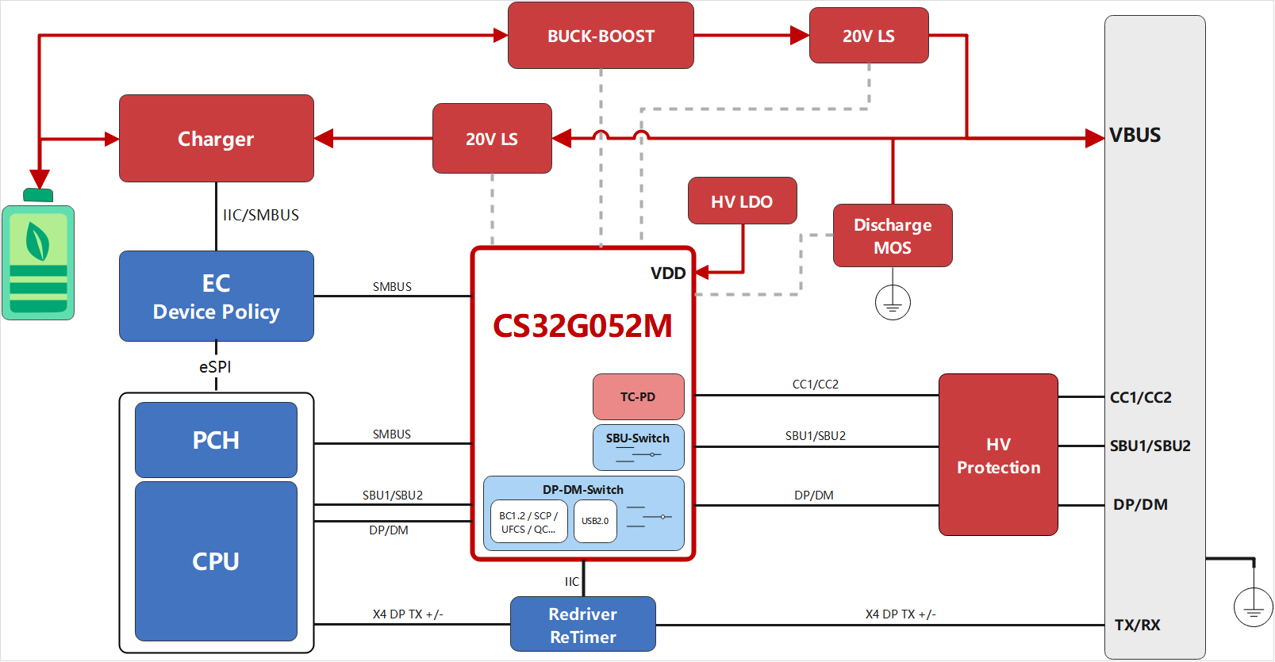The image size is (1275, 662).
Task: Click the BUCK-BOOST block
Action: (601, 36)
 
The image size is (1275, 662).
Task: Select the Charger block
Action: (216, 139)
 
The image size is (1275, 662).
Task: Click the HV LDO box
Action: (742, 201)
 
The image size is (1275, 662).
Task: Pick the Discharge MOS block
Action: (893, 235)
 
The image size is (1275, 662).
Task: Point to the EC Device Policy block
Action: (216, 297)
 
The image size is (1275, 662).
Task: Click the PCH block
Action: (216, 440)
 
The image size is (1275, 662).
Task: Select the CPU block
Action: (216, 561)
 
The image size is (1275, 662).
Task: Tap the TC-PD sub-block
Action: (638, 396)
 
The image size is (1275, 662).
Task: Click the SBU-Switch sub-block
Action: (638, 447)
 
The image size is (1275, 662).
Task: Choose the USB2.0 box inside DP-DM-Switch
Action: (595, 521)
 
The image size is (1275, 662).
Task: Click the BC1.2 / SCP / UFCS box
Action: (528, 522)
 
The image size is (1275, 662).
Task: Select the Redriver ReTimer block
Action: (582, 625)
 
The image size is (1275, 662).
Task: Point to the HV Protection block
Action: (998, 455)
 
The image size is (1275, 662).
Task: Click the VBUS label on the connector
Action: (1135, 136)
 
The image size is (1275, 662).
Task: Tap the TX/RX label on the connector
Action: (1137, 625)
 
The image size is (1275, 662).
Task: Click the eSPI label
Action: (215, 367)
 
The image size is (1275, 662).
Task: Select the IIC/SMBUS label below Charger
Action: (261, 215)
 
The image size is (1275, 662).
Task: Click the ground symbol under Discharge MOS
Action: (893, 303)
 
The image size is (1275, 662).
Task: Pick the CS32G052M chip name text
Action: (582, 326)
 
